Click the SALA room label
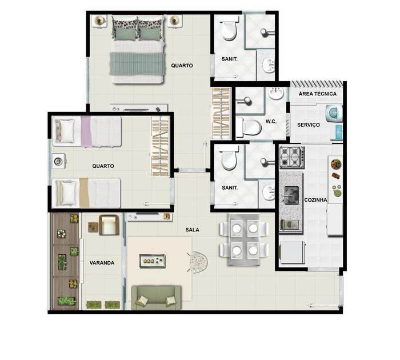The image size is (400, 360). [193, 230]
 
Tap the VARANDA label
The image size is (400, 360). [102, 263]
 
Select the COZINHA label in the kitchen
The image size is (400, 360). [316, 200]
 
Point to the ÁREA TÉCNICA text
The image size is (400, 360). [318, 94]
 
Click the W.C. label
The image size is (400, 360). [271, 122]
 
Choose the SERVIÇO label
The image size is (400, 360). [309, 125]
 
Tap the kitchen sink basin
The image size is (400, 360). [291, 195]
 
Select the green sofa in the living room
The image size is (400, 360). [156, 298]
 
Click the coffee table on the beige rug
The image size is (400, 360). [153, 261]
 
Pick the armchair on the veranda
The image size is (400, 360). [109, 225]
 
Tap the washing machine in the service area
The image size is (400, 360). [334, 113]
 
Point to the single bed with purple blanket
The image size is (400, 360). [87, 131]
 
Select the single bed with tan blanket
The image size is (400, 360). [86, 193]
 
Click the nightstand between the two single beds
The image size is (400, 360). [58, 161]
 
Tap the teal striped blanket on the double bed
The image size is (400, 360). [137, 63]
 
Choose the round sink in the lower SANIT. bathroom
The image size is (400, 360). [269, 193]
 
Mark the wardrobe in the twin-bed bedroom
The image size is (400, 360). [160, 146]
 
